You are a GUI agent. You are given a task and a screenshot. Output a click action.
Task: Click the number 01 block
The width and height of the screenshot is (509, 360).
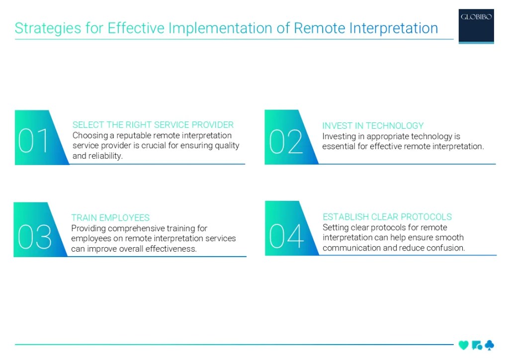point(35,140)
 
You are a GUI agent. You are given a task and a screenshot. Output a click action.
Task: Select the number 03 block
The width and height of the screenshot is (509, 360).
point(34,236)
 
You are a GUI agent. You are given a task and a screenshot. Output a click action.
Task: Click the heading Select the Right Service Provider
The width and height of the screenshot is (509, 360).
point(153,125)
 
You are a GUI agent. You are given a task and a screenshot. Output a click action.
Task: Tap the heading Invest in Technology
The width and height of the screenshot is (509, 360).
point(373,126)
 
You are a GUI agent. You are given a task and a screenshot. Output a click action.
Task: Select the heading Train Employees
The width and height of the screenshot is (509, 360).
point(110,218)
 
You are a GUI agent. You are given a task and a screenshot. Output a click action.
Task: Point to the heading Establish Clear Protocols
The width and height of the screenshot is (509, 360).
point(387,217)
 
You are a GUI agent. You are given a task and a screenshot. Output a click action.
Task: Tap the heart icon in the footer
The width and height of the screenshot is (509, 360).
point(463,345)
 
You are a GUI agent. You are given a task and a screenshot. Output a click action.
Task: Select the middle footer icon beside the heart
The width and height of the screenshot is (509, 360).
point(476,345)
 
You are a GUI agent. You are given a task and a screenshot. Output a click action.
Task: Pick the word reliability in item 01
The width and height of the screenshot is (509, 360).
point(104,156)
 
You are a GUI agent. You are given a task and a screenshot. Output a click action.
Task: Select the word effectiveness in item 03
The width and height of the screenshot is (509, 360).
point(171,249)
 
